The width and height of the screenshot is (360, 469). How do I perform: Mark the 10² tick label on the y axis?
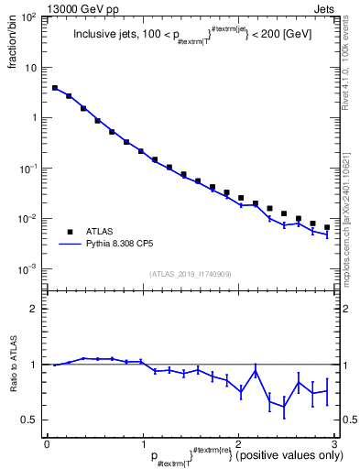(x=28, y=17)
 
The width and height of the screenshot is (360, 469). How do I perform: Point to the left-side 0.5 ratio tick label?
(x=32, y=420)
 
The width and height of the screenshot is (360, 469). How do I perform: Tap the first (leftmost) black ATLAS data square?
(x=55, y=88)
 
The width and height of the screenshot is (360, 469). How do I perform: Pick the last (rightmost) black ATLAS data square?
(x=326, y=227)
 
